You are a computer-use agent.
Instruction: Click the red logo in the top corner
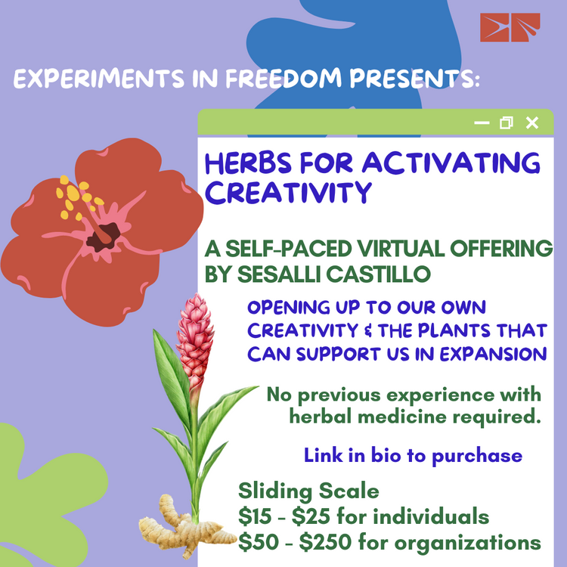click(510, 27)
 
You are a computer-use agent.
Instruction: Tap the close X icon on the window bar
click(532, 123)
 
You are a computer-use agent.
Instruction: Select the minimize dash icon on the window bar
click(482, 123)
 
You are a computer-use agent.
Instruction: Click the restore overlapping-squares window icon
click(507, 123)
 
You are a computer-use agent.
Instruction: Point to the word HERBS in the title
click(248, 163)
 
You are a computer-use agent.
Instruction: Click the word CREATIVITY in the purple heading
click(288, 192)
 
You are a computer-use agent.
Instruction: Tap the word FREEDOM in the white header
click(283, 78)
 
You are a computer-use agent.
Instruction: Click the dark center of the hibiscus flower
click(104, 237)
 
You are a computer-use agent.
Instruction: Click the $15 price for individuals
click(255, 516)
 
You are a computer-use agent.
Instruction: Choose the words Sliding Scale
click(308, 491)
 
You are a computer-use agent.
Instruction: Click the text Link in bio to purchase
click(413, 456)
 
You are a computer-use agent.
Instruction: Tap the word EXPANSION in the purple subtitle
click(493, 354)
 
